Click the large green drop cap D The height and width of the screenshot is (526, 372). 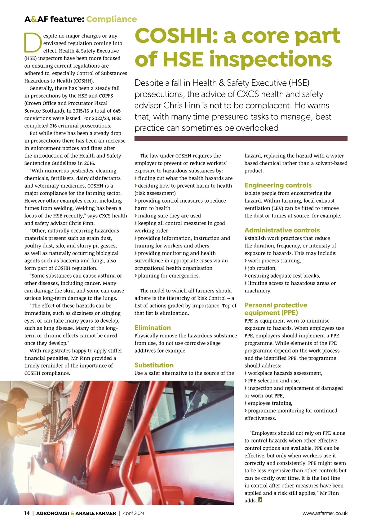[33, 43]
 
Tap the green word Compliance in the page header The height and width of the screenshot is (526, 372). [111, 19]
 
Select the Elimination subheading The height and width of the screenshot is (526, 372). [153, 328]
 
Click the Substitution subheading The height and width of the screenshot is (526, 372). [154, 365]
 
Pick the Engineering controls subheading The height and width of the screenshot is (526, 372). [278, 185]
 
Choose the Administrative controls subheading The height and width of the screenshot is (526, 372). [282, 230]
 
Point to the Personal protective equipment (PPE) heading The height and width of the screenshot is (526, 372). [276, 309]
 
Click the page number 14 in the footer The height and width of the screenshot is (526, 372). [27, 513]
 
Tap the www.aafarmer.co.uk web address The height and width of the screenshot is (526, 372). [325, 513]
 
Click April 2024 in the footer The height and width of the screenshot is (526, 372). [133, 513]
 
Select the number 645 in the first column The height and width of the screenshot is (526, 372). [117, 111]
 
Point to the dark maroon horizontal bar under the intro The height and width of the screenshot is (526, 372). [241, 138]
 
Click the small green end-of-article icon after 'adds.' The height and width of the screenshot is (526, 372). [260, 500]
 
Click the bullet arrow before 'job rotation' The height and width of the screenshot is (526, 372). [246, 268]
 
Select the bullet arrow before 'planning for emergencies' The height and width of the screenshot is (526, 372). [136, 276]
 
